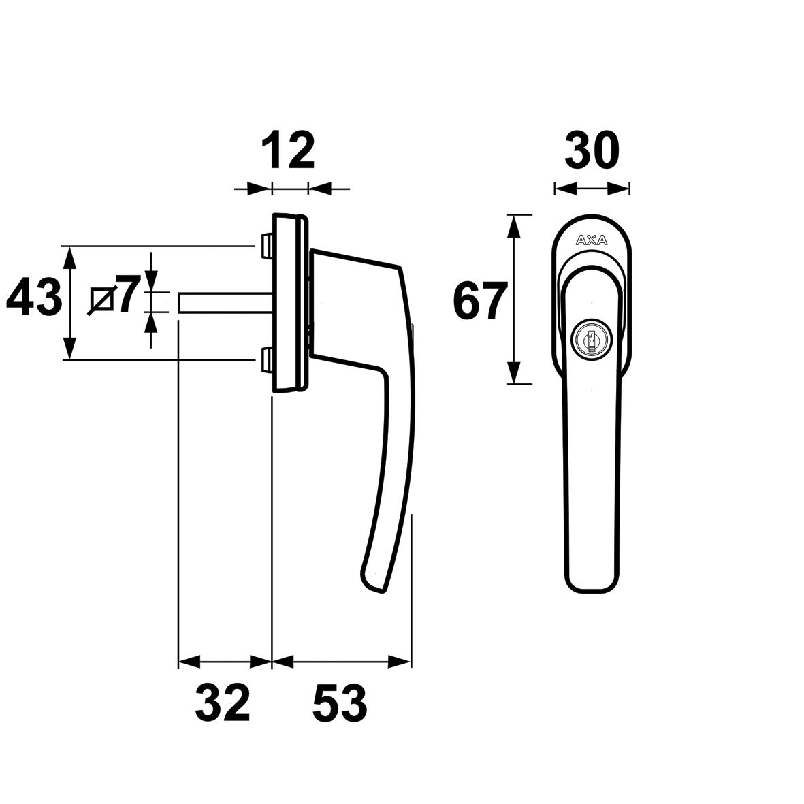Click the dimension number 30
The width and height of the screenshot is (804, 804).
[592, 151]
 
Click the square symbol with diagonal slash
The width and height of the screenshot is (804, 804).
[101, 300]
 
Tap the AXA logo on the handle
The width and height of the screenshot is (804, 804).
[591, 240]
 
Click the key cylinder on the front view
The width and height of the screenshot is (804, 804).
[590, 338]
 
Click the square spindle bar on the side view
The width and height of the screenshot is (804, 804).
[225, 303]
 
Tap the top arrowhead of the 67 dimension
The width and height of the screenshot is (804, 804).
[515, 225]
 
